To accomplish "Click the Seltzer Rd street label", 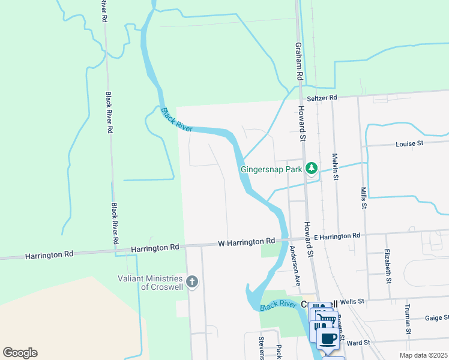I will point(322,97).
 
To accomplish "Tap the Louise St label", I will point(409,143).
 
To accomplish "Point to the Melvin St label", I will point(336,166).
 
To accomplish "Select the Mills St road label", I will point(364,197).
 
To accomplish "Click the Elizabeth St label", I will point(388,266).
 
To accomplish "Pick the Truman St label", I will point(408,319).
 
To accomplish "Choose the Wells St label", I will point(352,302).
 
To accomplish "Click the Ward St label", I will point(357,343).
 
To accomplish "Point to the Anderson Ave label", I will point(295,265).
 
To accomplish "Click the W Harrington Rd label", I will point(246,241).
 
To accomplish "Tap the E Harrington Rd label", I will point(337,236).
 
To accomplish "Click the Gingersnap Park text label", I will point(271,169).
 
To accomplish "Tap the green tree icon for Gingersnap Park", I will point(311,168).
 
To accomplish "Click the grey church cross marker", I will point(192,282).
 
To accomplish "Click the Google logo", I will point(20,353).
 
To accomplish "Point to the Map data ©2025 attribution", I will point(423,355).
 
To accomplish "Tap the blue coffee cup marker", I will point(328,338).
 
